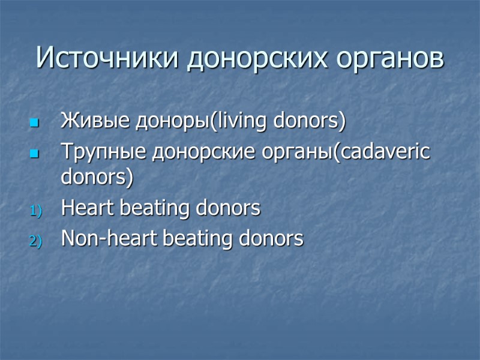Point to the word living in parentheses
click(x=241, y=122)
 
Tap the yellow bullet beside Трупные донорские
click(x=33, y=154)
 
